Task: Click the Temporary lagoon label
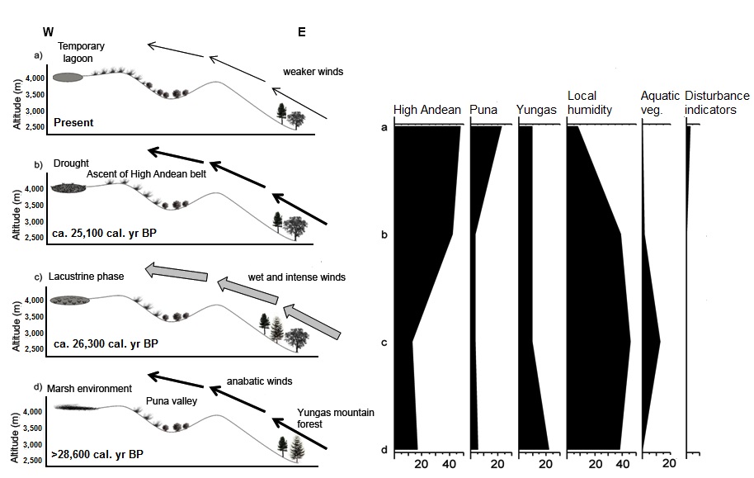[81, 53]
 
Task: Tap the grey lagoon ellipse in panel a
[67, 78]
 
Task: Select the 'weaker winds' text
[312, 72]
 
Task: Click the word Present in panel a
[73, 123]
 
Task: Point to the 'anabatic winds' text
[260, 381]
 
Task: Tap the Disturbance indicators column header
[715, 102]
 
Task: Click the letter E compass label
[302, 32]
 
